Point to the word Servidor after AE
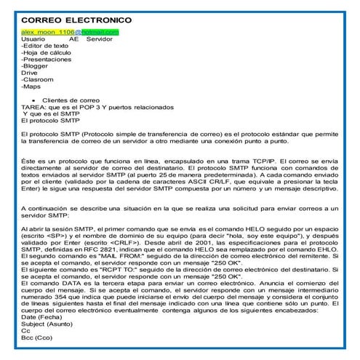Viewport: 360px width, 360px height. coord(100,39)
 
